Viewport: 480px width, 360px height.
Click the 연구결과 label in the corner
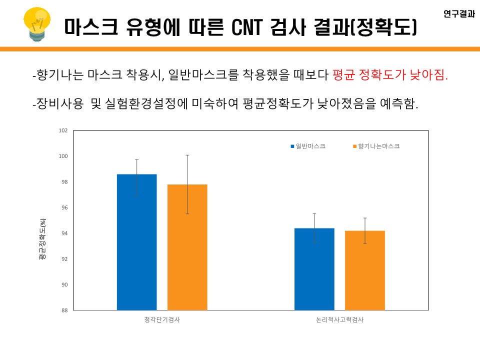[458, 14]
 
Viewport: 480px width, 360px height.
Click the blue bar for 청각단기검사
[136, 242]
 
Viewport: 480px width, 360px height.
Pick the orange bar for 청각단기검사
[187, 247]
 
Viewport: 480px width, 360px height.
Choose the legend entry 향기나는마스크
[378, 146]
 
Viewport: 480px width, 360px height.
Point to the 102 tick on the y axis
[63, 131]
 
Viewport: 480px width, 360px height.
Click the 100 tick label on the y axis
[63, 156]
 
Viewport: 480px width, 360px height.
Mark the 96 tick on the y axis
[64, 208]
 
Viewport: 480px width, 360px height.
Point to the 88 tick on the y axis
[64, 310]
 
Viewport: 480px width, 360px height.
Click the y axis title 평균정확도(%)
[42, 239]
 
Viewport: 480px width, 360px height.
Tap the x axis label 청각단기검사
[161, 319]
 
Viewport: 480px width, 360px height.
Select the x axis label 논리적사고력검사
[339, 319]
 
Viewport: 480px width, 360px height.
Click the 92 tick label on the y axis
[64, 259]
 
